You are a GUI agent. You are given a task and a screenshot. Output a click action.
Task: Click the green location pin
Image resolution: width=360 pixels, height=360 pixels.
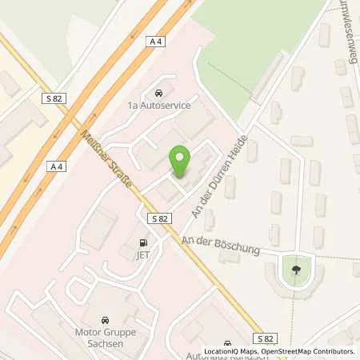click(179, 162)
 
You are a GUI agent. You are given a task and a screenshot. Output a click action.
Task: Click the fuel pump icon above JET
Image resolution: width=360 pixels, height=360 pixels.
click(143, 243)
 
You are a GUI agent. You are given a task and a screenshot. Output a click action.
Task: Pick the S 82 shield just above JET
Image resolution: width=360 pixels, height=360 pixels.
click(157, 218)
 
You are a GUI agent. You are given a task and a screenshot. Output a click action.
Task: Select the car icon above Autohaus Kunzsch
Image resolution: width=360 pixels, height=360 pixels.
click(228, 342)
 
